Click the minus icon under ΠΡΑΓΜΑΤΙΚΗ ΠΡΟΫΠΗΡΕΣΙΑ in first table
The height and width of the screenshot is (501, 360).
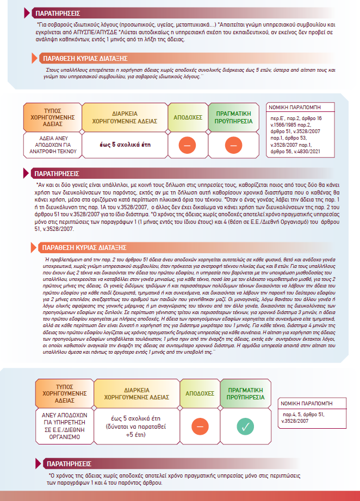pos(233,145)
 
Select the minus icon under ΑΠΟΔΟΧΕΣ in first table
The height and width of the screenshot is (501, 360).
pos(188,145)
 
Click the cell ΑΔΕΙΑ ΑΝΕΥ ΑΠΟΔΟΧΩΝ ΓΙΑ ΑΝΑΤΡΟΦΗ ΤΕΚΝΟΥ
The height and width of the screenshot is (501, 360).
pos(51,145)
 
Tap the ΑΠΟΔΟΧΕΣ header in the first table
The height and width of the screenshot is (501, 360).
pos(188,117)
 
